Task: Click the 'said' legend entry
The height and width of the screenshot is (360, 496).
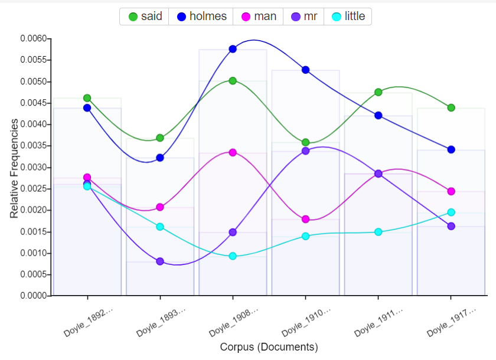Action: (x=145, y=17)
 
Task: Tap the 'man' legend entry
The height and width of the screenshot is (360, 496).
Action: (x=259, y=17)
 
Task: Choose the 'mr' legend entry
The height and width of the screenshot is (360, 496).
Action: (x=304, y=17)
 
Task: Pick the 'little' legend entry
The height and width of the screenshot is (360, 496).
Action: (x=348, y=17)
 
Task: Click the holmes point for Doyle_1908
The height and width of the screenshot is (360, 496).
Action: (x=233, y=49)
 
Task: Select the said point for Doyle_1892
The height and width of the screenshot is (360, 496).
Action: (x=87, y=98)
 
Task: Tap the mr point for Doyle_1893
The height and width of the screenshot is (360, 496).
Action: (x=160, y=261)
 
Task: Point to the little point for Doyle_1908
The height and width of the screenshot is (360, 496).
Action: (x=233, y=256)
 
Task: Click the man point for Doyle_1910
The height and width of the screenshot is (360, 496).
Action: (x=305, y=219)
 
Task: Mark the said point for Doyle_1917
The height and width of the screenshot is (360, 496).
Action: (x=451, y=107)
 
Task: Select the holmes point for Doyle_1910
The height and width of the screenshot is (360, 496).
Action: (x=305, y=70)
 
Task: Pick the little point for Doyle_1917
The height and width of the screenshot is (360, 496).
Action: (x=451, y=212)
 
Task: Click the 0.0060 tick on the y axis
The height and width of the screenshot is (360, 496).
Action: (x=33, y=39)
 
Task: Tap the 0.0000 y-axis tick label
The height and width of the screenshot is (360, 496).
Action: (x=33, y=296)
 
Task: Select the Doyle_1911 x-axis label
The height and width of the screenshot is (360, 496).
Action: (x=377, y=322)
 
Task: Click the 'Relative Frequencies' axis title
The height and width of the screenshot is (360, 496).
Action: (x=14, y=168)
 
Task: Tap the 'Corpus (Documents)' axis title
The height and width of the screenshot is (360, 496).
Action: (x=269, y=347)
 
